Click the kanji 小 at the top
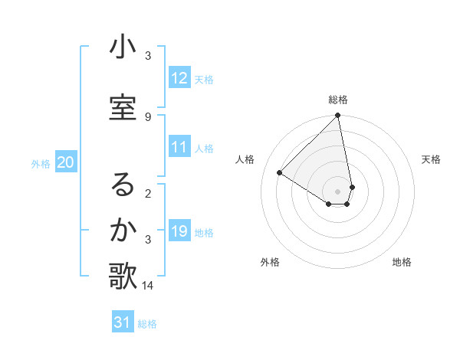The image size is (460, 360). (x=123, y=47)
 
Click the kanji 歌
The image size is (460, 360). (x=123, y=277)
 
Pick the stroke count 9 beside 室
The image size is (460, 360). (x=148, y=116)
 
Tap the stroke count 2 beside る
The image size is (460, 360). (x=148, y=193)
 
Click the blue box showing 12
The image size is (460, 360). (x=179, y=78)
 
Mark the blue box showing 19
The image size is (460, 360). (x=179, y=231)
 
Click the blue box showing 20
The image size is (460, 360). (x=66, y=162)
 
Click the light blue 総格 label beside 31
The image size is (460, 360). (x=147, y=324)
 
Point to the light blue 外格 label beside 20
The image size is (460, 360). (x=41, y=163)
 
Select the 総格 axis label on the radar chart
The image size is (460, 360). (x=338, y=100)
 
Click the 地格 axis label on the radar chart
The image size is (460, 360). (x=402, y=263)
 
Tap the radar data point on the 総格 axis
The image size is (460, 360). (x=338, y=116)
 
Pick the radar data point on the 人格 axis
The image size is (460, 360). (x=280, y=173)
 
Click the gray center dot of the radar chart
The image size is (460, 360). (x=338, y=191)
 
